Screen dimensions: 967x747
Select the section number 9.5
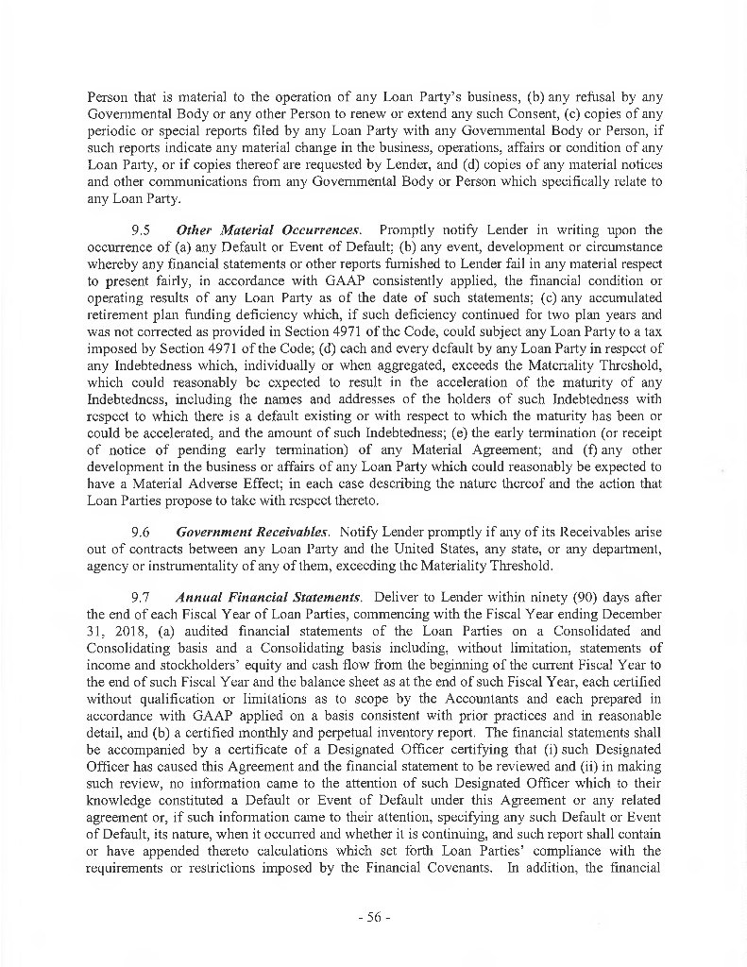tap(141, 230)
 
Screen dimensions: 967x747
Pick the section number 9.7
tap(141, 598)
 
